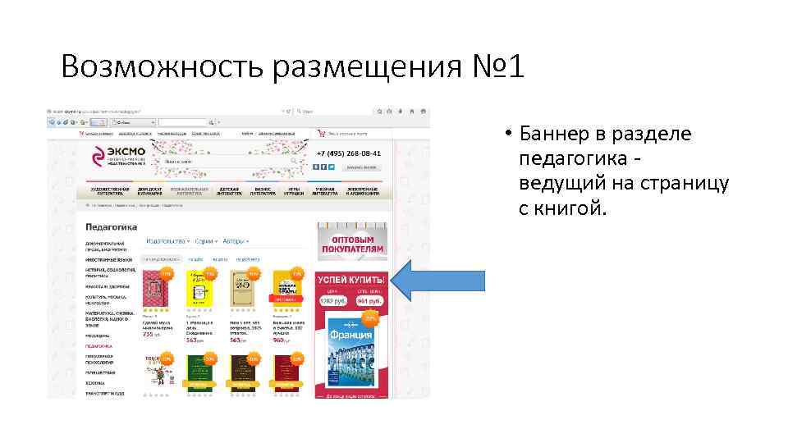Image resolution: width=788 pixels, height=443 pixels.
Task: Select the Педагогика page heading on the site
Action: [111, 226]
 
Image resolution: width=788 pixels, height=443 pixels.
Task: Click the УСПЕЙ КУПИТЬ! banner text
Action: [350, 280]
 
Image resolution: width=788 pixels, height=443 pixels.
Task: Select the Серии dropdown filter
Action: [204, 241]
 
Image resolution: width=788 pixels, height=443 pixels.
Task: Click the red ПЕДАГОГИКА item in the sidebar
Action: [98, 346]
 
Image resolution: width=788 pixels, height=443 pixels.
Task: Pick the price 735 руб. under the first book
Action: [152, 335]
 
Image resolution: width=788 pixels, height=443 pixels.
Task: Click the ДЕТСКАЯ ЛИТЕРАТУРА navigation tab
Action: [228, 190]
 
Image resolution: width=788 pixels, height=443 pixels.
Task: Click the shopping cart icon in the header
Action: [321, 132]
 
